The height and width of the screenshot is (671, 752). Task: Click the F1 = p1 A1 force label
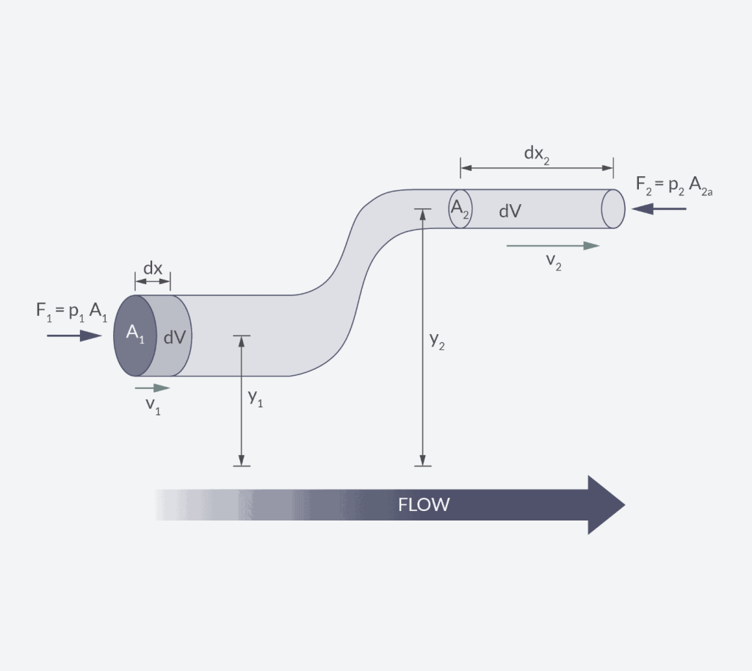tap(72, 311)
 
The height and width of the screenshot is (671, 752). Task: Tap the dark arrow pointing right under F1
tap(74, 335)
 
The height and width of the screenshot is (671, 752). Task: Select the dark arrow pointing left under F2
tap(659, 208)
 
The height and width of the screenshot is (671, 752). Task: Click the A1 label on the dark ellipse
tap(136, 333)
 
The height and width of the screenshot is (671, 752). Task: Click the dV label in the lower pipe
tap(174, 337)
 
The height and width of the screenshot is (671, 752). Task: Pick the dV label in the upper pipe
tap(510, 211)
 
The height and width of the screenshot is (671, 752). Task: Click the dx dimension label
tap(153, 269)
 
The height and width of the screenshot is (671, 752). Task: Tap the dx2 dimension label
tap(536, 153)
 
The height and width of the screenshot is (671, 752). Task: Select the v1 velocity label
tap(153, 405)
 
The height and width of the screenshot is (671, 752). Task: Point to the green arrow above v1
tap(153, 388)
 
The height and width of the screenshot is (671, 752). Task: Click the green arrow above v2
tap(553, 246)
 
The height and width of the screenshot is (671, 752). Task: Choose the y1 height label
tap(256, 398)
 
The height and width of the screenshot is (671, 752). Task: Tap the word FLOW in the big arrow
tap(424, 505)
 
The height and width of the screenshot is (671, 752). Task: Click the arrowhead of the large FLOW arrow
tap(605, 505)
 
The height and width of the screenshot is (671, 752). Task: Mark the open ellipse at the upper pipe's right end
tap(613, 208)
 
